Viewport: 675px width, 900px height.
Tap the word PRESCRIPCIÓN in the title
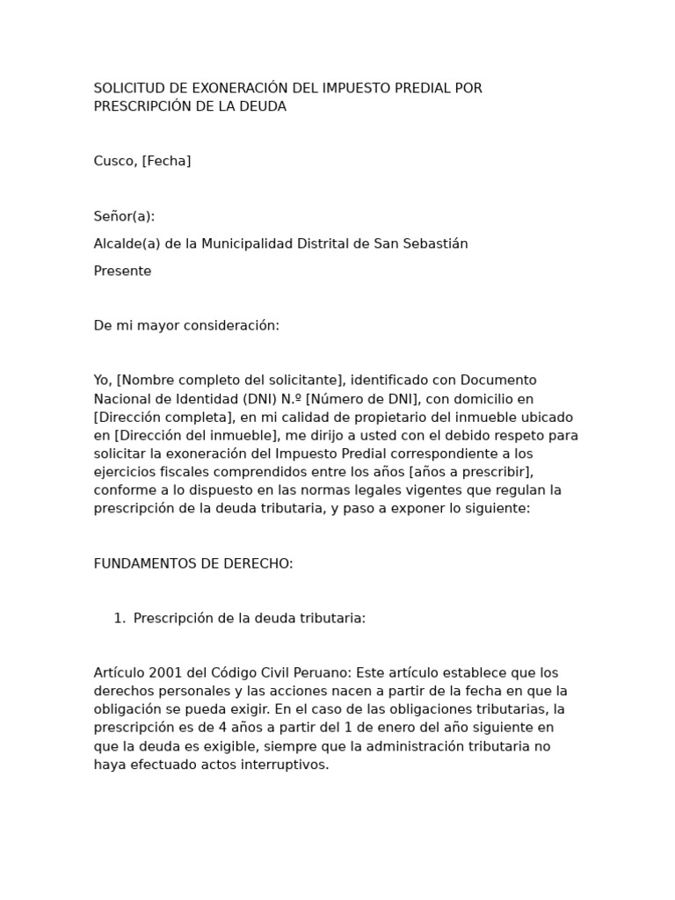141,106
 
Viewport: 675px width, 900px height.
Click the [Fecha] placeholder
167,161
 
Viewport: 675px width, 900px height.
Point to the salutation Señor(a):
124,216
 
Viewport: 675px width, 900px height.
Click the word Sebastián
435,243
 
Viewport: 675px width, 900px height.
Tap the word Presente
122,271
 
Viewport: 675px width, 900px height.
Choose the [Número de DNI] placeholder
361,398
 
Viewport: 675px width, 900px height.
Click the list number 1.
119,618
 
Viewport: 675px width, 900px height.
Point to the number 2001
166,672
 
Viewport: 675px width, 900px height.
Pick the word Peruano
321,672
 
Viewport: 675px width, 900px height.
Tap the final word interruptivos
283,764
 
